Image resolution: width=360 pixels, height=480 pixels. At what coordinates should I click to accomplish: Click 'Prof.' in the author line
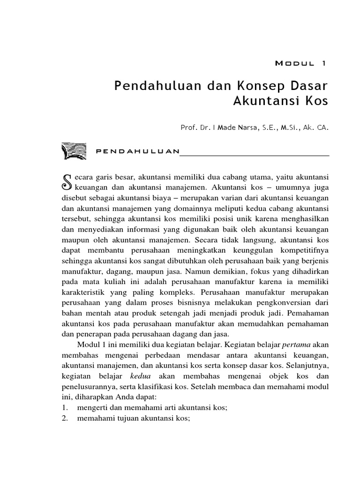coord(188,127)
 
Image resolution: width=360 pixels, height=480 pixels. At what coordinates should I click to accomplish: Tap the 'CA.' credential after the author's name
coord(322,127)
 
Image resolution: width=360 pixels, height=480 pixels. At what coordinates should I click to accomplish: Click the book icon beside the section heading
coord(74,151)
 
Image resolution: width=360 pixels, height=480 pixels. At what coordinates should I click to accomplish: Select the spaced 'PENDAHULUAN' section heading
coord(137,151)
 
